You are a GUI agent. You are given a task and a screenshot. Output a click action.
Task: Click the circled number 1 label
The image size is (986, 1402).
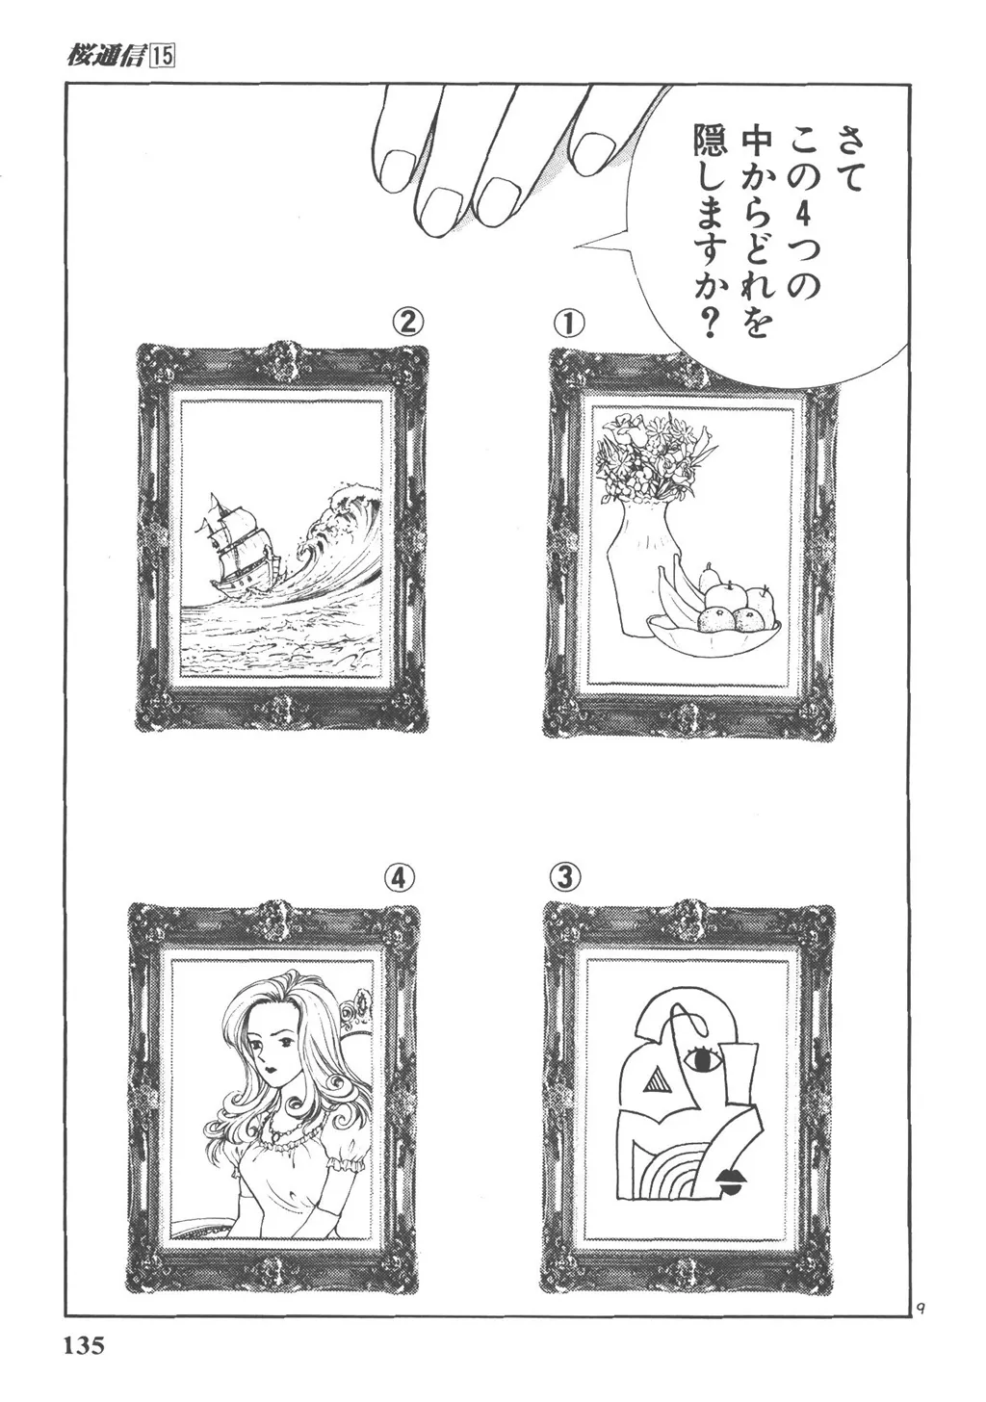coord(568,325)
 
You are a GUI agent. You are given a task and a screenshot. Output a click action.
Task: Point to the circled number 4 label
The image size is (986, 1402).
coord(400,880)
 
